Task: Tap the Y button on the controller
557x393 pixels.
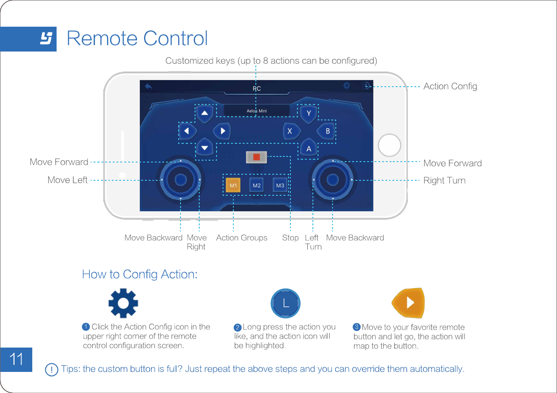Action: click(x=309, y=113)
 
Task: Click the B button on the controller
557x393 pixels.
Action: click(x=327, y=131)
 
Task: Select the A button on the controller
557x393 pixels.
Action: click(x=309, y=148)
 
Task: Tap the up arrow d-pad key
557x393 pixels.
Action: click(x=204, y=113)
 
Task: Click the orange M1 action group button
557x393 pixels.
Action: click(x=233, y=185)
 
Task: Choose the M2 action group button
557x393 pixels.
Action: click(x=256, y=185)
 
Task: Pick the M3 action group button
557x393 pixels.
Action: click(x=280, y=185)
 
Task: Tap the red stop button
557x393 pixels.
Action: click(x=256, y=157)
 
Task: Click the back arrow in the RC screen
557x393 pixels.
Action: click(x=148, y=87)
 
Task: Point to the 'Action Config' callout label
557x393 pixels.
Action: click(x=450, y=86)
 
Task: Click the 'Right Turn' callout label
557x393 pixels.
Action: click(x=444, y=180)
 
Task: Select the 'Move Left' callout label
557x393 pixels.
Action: click(x=67, y=180)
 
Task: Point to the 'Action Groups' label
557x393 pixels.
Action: click(x=241, y=238)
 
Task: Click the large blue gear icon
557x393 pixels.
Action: click(x=123, y=304)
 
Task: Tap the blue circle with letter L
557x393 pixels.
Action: click(x=285, y=304)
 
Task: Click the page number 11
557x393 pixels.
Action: click(x=16, y=359)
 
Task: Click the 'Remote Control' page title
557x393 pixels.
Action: click(x=137, y=38)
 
